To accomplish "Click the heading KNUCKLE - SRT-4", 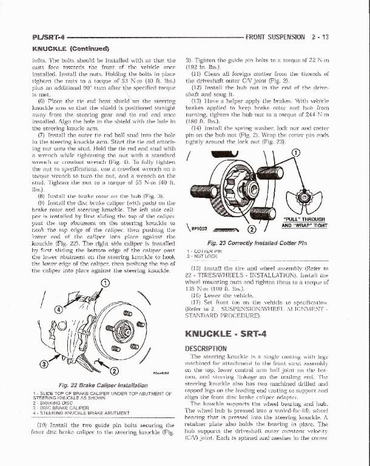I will click(x=233, y=334).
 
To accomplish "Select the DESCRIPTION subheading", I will click(x=206, y=348).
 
